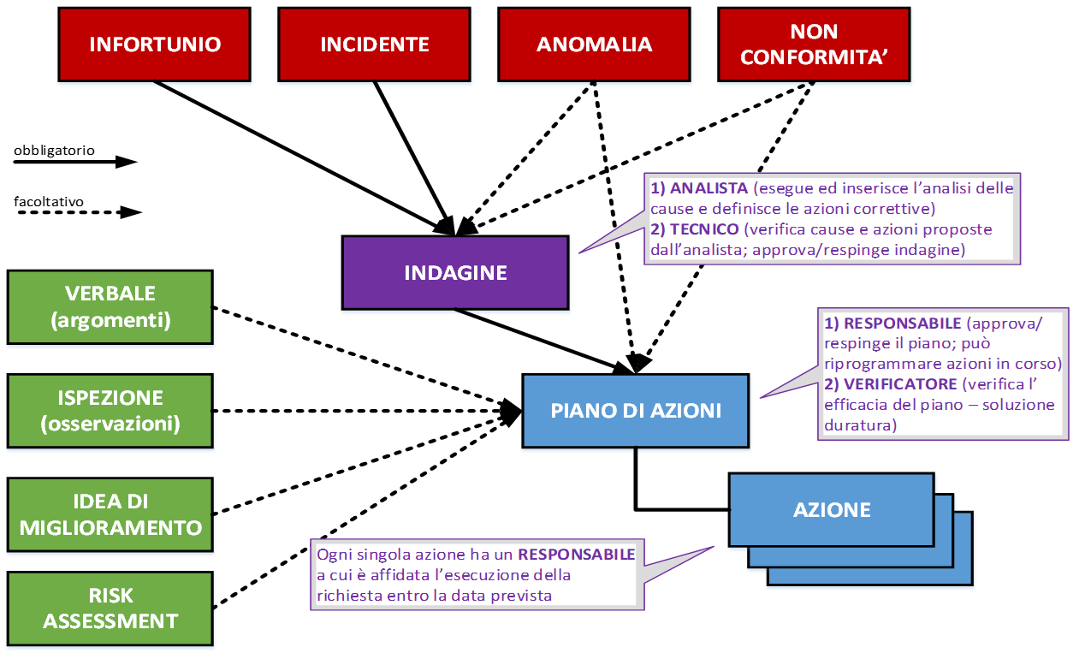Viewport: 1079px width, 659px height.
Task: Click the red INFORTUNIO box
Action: point(155,45)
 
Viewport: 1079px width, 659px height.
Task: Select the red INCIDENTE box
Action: point(375,45)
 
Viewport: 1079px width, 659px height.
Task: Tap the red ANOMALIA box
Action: point(594,45)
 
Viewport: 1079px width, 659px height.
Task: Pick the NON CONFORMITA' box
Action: point(813,45)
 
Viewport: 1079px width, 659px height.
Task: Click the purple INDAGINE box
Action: point(455,272)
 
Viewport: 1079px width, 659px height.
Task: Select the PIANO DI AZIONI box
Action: point(635,410)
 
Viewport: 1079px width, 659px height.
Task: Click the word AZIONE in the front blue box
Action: point(832,510)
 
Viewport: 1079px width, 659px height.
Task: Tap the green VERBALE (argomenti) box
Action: point(110,306)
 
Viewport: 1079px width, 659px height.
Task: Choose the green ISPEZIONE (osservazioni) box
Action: point(110,410)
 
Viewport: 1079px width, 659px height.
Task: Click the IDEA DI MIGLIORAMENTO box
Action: point(110,514)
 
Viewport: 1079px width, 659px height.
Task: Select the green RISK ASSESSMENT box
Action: point(110,609)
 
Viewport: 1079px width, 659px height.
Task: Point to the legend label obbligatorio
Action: point(54,150)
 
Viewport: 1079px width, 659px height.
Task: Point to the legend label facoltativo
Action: point(49,202)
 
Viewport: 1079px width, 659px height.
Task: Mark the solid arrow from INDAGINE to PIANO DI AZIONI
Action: point(539,339)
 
